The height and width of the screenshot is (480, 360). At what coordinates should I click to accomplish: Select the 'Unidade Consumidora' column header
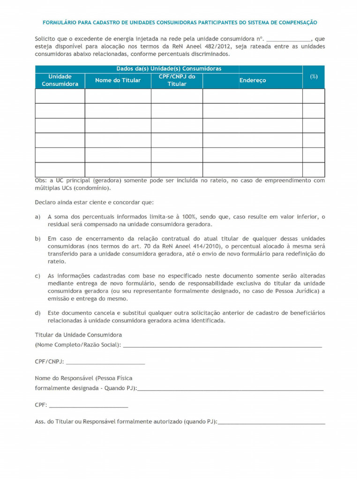(60, 80)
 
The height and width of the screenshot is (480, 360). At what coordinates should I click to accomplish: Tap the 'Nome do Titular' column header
(118, 80)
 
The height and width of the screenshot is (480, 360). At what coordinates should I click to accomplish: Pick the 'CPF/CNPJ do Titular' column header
(177, 80)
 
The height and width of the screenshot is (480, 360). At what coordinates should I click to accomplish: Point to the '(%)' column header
(314, 76)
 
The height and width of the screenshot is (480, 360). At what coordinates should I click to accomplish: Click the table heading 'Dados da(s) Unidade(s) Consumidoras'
(169, 68)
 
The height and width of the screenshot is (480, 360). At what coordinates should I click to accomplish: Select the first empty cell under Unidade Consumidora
(60, 96)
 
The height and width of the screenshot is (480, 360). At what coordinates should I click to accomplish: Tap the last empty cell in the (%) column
(314, 169)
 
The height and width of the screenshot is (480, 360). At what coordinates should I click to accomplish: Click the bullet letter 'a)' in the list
(37, 217)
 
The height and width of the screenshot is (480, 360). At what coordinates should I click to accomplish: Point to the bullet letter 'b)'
(37, 239)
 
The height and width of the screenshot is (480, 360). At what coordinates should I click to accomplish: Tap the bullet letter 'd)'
(37, 313)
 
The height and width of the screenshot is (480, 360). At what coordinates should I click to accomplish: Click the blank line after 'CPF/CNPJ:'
(106, 363)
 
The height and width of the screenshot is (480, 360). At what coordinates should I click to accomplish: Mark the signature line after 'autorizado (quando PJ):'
(271, 422)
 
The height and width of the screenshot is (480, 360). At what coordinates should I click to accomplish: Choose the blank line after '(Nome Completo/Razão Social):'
(222, 346)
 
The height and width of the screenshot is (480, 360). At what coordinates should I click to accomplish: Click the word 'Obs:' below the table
(41, 180)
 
